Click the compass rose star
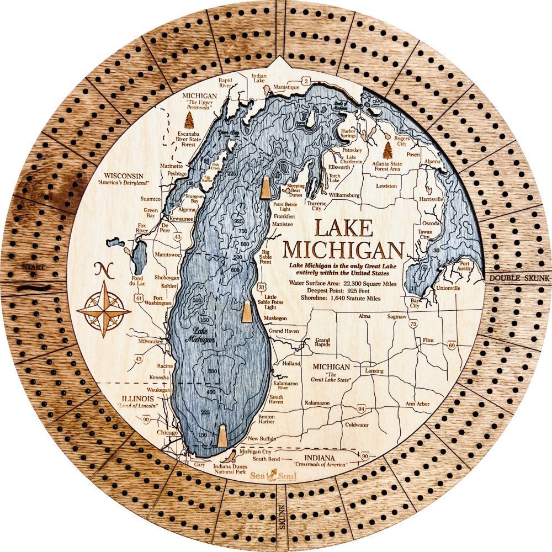click(x=103, y=310)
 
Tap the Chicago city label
click(x=167, y=432)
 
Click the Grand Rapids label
click(x=322, y=343)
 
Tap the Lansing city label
click(x=374, y=371)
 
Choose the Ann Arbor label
click(x=417, y=404)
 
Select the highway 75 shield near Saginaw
click(x=413, y=325)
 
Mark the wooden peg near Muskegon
click(x=247, y=312)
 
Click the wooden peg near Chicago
click(x=222, y=436)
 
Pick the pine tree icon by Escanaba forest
click(x=189, y=119)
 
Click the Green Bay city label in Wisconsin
click(x=151, y=214)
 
